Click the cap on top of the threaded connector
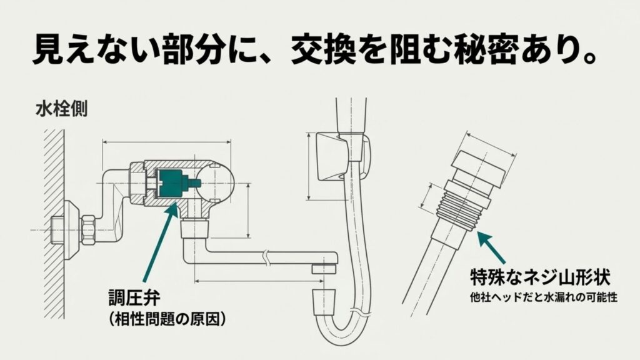click(x=482, y=167)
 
